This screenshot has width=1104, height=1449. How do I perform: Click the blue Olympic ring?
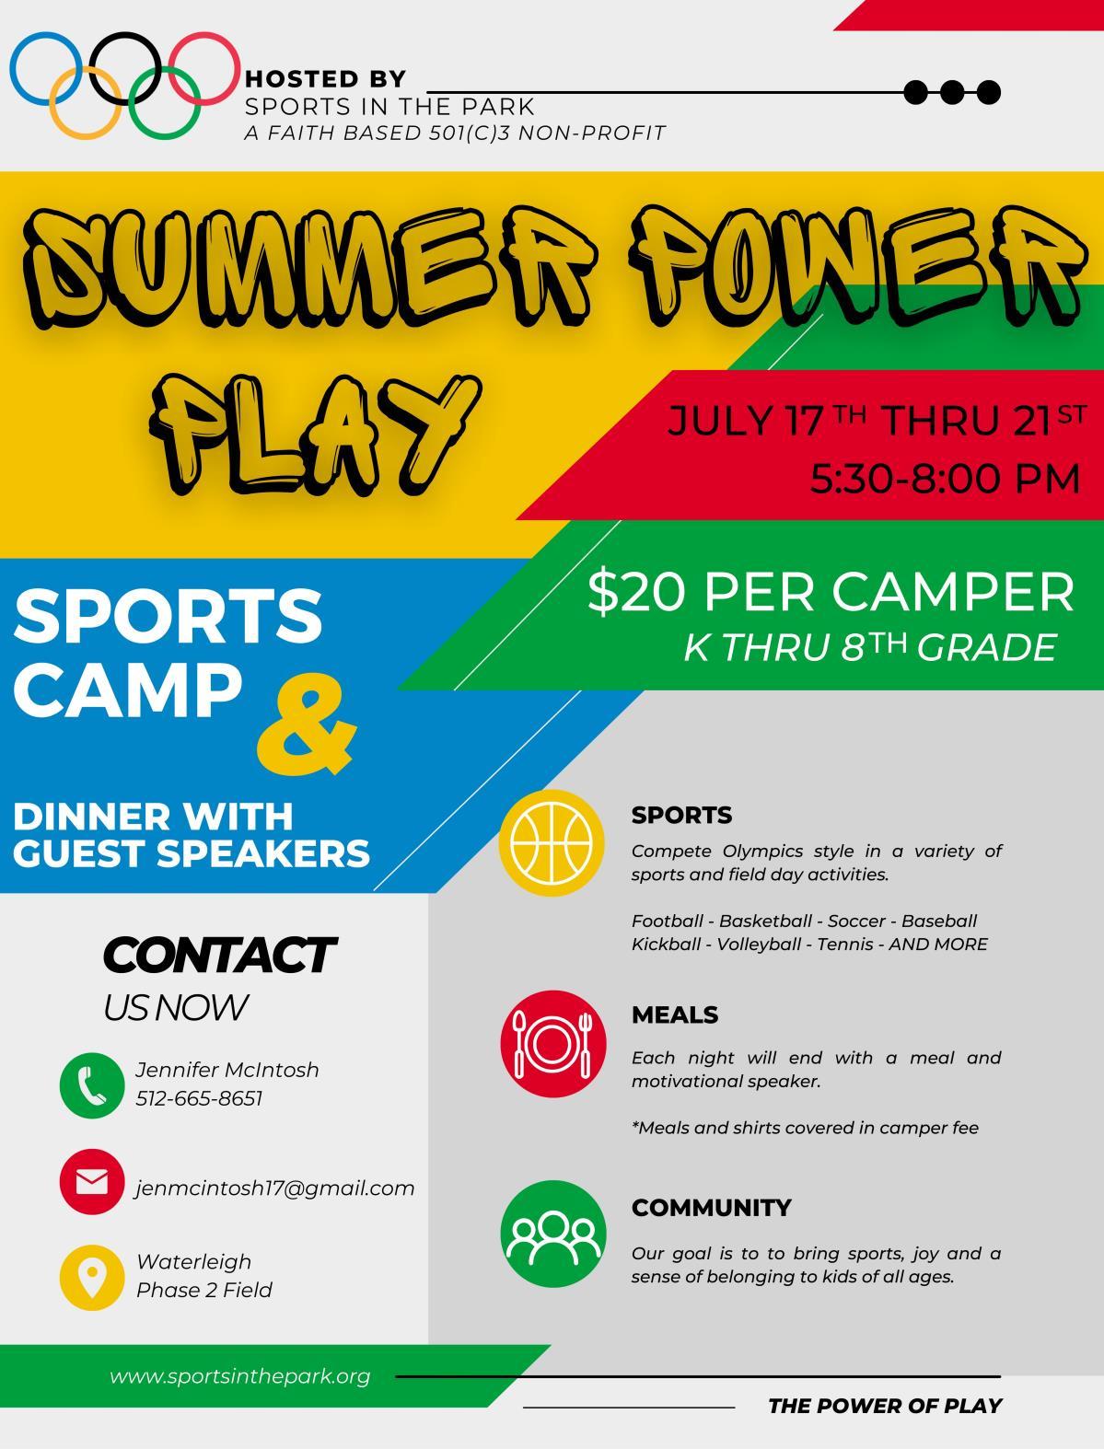pyautogui.click(x=11, y=69)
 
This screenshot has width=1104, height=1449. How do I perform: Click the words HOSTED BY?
pyautogui.click(x=326, y=79)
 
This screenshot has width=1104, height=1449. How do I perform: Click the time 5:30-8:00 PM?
pyautogui.click(x=945, y=480)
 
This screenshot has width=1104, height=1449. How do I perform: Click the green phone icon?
pyautogui.click(x=92, y=1084)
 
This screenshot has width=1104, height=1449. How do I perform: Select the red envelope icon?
pyautogui.click(x=92, y=1182)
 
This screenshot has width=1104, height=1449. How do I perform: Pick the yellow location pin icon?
pyautogui.click(x=92, y=1278)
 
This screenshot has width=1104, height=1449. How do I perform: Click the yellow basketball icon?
pyautogui.click(x=552, y=843)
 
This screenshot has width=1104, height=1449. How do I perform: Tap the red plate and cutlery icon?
pyautogui.click(x=552, y=1044)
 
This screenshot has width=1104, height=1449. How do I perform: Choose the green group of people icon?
pyautogui.click(x=552, y=1234)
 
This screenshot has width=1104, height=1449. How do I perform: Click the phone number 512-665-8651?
pyautogui.click(x=200, y=1098)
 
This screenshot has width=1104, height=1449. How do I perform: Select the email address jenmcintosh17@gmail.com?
pyautogui.click(x=275, y=1188)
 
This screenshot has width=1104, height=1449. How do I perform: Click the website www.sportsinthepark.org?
pyautogui.click(x=239, y=1377)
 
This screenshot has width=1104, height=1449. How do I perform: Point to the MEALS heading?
pyautogui.click(x=675, y=1014)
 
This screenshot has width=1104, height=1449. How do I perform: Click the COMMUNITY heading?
pyautogui.click(x=711, y=1208)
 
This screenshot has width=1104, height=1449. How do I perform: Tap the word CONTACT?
pyautogui.click(x=220, y=956)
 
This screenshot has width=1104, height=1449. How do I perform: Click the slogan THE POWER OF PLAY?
pyautogui.click(x=886, y=1406)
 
